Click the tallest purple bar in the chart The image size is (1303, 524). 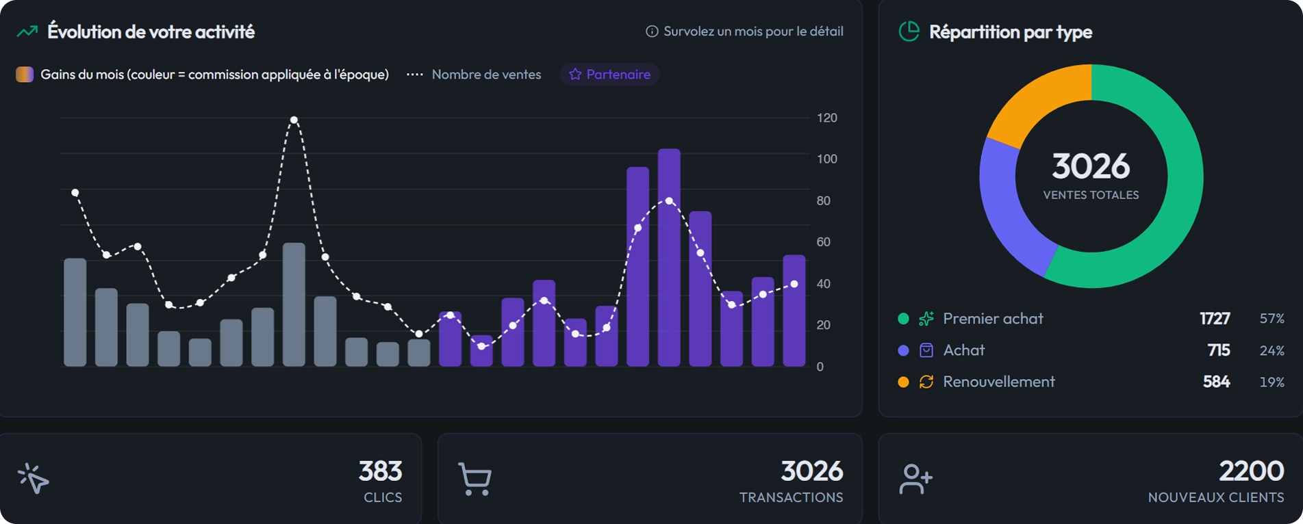(669, 258)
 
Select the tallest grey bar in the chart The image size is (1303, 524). (294, 304)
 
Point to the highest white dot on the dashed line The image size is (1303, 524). (294, 120)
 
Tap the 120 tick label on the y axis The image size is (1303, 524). (827, 118)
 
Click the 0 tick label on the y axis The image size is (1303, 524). (820, 367)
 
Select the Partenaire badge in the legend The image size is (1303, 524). (609, 74)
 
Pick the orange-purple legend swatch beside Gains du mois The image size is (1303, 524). (25, 74)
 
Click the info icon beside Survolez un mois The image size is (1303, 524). (652, 31)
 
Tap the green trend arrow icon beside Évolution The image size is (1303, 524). (27, 31)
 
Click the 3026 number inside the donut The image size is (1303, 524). (1091, 166)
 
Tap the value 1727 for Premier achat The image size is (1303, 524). (1215, 319)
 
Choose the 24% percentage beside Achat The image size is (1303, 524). (1272, 350)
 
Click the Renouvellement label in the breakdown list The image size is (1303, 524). (999, 382)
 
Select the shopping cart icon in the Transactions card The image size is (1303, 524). (475, 479)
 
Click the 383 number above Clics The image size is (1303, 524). (381, 471)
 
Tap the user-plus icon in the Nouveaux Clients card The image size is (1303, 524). (915, 479)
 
